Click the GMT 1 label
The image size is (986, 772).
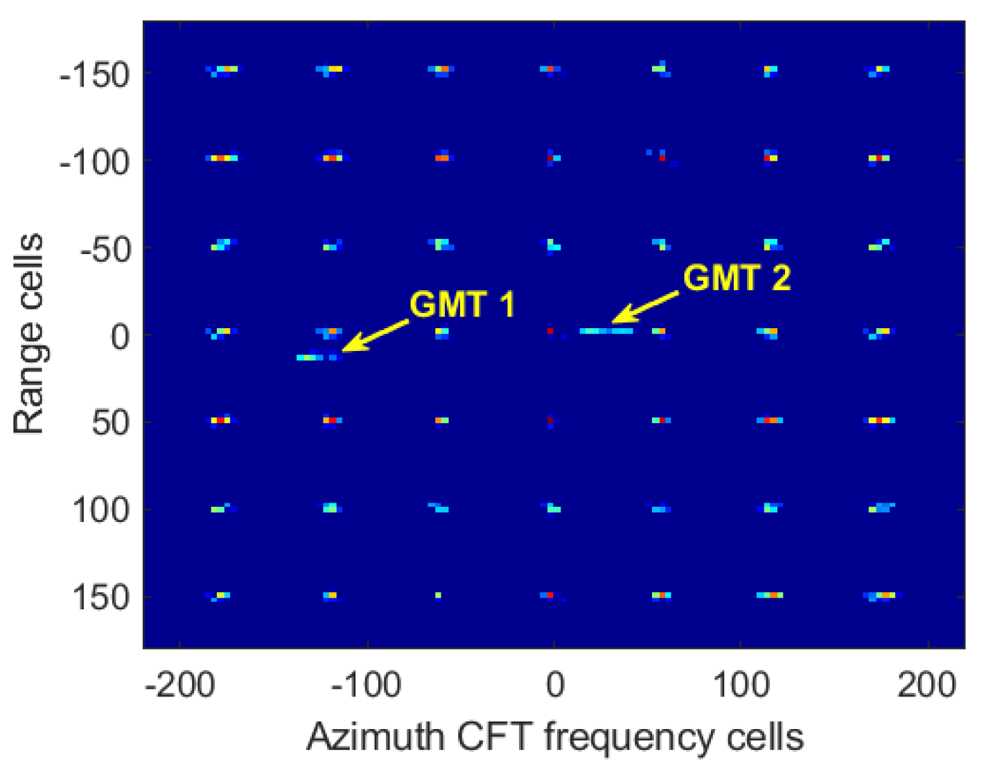coord(462,305)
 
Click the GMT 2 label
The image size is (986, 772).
coord(737,278)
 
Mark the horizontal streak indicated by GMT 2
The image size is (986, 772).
coord(606,331)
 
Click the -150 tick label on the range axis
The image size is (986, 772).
coord(95,75)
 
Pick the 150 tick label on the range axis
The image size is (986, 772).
coord(101,597)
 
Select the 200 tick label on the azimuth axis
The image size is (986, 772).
coord(927,685)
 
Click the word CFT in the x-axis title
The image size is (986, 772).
coord(496,737)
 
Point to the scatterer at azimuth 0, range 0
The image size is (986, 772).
coord(550,332)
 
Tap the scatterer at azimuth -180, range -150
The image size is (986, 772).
coord(222,69)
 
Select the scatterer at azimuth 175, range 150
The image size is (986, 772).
coord(881,595)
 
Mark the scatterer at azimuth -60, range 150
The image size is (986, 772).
coord(438,595)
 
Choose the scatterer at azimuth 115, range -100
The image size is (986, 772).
coord(770,157)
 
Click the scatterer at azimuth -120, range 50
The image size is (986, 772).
coord(331,420)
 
